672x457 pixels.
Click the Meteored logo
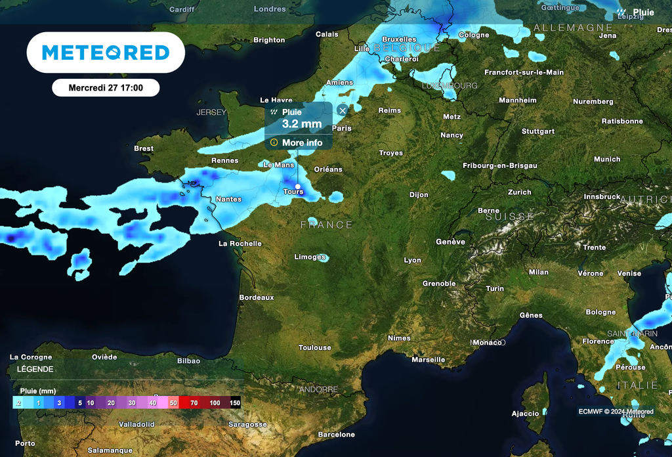[106, 53]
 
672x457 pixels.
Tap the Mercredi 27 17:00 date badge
[106, 87]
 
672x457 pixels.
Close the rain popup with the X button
[342, 111]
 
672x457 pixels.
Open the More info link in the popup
[302, 142]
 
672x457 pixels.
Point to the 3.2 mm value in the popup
[302, 123]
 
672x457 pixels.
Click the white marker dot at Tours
[298, 186]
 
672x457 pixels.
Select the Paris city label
[342, 129]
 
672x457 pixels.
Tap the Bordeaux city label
[257, 297]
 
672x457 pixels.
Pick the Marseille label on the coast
[428, 360]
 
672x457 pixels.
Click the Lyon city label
[413, 260]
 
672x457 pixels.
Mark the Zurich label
[519, 192]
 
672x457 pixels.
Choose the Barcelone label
[336, 435]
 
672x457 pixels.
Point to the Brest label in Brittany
[144, 148]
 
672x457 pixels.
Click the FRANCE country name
[327, 225]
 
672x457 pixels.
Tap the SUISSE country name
[510, 217]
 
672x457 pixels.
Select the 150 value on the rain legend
[235, 403]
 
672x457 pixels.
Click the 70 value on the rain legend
[194, 403]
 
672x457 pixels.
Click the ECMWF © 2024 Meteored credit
[616, 412]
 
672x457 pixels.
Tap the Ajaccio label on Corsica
[526, 414]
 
